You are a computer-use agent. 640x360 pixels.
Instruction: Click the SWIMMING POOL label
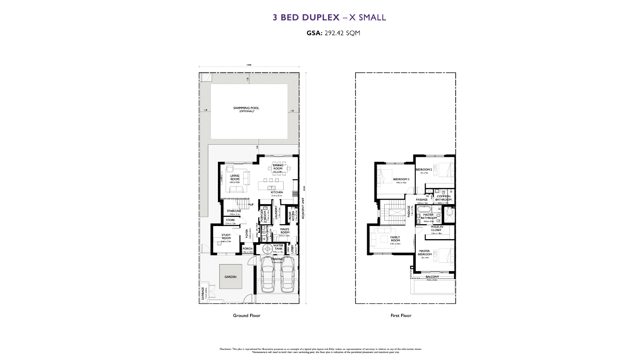(x=243, y=108)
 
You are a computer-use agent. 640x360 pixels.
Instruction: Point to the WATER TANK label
(x=278, y=247)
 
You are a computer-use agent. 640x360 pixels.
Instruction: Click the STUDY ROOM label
(x=226, y=238)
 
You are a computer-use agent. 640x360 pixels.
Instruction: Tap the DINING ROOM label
(x=277, y=167)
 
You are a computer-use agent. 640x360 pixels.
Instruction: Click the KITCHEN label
(x=276, y=192)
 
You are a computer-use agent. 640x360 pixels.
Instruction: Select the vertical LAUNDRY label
(x=276, y=213)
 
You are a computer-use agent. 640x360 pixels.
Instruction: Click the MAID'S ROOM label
(x=284, y=231)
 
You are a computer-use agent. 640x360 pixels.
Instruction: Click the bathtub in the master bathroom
(x=424, y=209)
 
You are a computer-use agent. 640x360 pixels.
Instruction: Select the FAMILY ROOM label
(x=395, y=239)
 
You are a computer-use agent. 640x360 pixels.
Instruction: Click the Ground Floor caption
(x=246, y=316)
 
